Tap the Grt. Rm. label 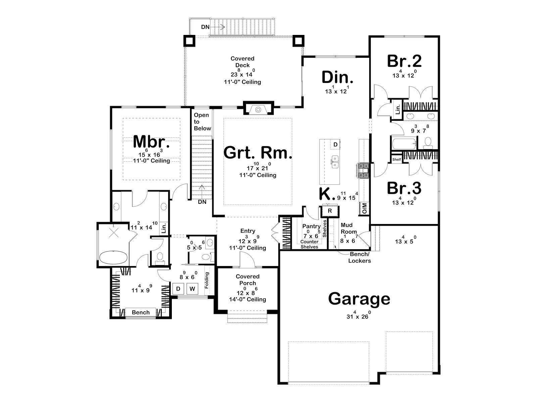point(258,153)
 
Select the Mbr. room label point(151,142)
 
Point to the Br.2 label point(404,61)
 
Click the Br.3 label point(404,188)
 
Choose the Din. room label point(337,77)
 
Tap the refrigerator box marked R point(330,211)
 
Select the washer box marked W point(192,289)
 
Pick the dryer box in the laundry point(178,289)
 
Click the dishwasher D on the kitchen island point(335,145)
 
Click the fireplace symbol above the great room point(258,110)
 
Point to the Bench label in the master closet point(141,312)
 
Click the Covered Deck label point(242,62)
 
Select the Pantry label point(311,226)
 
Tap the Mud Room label point(349,228)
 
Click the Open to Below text point(202,122)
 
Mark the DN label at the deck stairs point(205,27)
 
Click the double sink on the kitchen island point(335,162)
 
